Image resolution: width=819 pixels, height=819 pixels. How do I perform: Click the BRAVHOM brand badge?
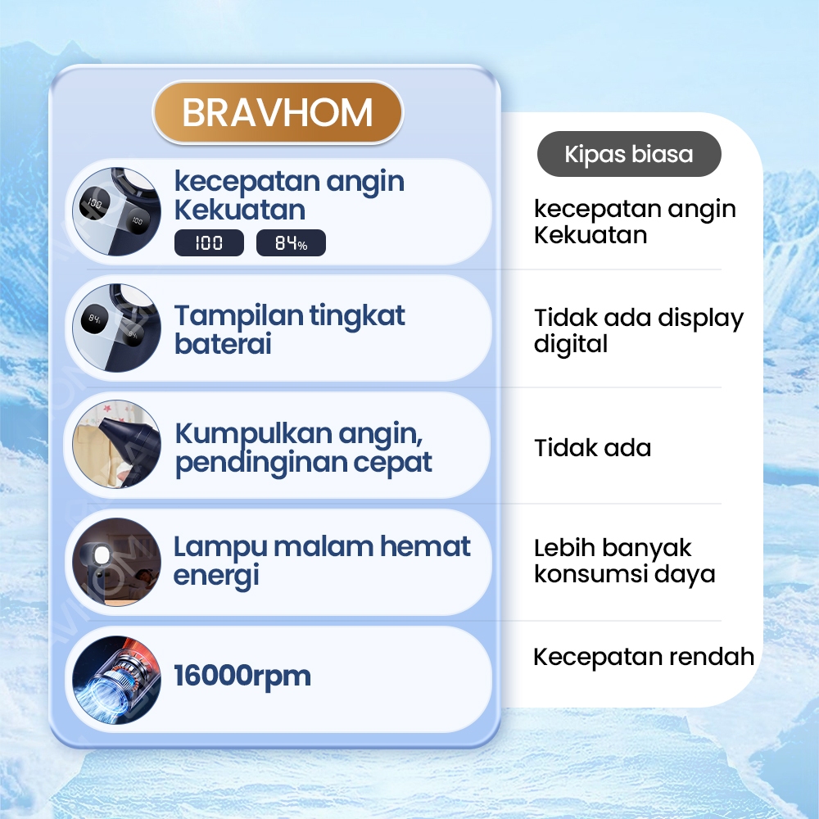click(x=278, y=112)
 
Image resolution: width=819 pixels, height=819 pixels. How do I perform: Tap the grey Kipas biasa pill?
click(x=629, y=154)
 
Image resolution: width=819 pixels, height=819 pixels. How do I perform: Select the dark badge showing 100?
click(x=209, y=243)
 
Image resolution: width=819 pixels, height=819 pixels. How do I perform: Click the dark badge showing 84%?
click(x=291, y=243)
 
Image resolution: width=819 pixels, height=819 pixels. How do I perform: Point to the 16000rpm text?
click(x=242, y=676)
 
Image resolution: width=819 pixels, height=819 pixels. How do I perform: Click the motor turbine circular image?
click(x=116, y=680)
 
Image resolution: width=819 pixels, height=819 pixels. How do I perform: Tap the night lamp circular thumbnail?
click(x=116, y=562)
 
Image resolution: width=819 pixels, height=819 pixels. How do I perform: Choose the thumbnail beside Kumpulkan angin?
click(x=116, y=445)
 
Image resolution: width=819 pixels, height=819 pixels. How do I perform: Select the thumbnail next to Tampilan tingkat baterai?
click(x=116, y=328)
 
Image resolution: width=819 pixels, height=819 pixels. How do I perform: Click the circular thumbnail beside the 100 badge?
click(x=116, y=211)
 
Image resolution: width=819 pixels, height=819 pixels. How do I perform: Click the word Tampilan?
click(x=238, y=316)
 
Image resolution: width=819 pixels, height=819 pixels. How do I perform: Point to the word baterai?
click(x=223, y=344)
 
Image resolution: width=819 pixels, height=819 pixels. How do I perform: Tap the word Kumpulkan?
click(x=253, y=434)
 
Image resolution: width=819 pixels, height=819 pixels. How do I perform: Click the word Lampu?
click(x=219, y=547)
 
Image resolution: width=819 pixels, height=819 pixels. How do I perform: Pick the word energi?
click(x=215, y=576)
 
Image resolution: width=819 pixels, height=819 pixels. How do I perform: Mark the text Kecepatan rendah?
click(x=644, y=657)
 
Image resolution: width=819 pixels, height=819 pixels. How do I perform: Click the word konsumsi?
click(x=590, y=574)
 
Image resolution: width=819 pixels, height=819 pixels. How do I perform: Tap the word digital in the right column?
click(x=570, y=345)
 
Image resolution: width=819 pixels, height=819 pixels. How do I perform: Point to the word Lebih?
click(x=563, y=548)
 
